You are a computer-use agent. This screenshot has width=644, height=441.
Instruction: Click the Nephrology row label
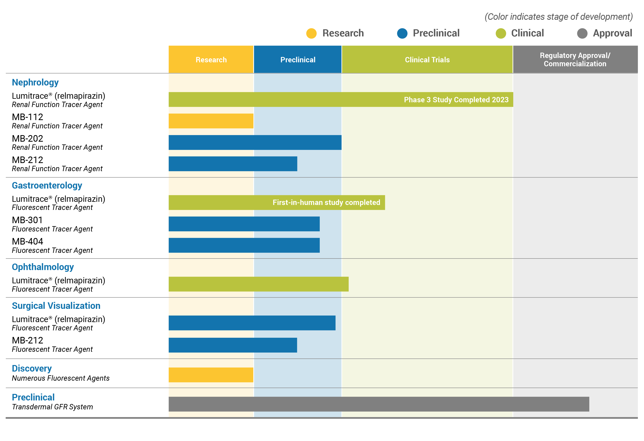[x=35, y=83]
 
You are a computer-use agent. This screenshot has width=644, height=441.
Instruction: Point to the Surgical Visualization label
[x=56, y=306]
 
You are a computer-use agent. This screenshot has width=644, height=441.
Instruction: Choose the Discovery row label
[x=32, y=369]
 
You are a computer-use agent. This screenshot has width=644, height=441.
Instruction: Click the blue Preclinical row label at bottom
[x=33, y=397]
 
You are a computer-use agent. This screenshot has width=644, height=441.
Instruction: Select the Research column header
[x=211, y=60]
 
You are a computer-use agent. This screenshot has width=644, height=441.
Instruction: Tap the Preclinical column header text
[x=298, y=60]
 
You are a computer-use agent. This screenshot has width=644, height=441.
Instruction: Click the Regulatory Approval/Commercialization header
[x=575, y=60]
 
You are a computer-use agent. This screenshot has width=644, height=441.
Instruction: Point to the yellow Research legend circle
[x=311, y=34]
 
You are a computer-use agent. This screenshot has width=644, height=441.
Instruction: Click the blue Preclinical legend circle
[x=402, y=34]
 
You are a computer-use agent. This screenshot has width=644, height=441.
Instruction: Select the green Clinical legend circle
[x=501, y=34]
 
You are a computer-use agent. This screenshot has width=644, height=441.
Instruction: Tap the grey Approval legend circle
[x=582, y=34]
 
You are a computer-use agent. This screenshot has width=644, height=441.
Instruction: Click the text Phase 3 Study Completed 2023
[x=456, y=100]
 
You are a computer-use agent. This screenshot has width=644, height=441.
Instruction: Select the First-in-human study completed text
[x=326, y=203]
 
